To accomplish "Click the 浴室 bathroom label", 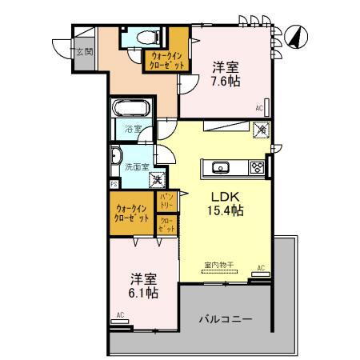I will click(x=133, y=128).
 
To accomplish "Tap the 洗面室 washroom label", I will click(x=137, y=166).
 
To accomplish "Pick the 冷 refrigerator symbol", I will click(x=261, y=129).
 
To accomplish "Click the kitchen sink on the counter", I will click(x=222, y=167).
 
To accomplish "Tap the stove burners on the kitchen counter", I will click(x=258, y=167).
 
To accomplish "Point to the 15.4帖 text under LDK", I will click(x=227, y=210).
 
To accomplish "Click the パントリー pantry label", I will click(x=166, y=199).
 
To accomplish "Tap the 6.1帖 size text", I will click(x=144, y=293).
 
